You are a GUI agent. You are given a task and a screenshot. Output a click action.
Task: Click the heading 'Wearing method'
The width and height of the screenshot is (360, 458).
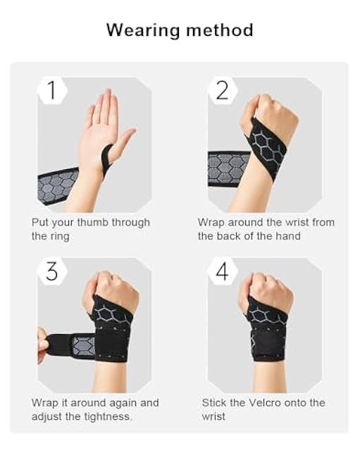180,30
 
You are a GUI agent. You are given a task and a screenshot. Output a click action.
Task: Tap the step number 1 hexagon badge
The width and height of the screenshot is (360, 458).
51,90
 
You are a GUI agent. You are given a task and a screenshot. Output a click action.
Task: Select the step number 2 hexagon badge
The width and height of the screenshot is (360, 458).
222,90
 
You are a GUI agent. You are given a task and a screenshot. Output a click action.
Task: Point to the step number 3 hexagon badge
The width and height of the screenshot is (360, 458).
51,271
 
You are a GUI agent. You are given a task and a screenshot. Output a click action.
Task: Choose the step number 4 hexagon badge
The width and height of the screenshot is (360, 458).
222,271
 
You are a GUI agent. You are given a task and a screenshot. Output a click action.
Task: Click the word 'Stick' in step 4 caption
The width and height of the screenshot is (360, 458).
214,403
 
